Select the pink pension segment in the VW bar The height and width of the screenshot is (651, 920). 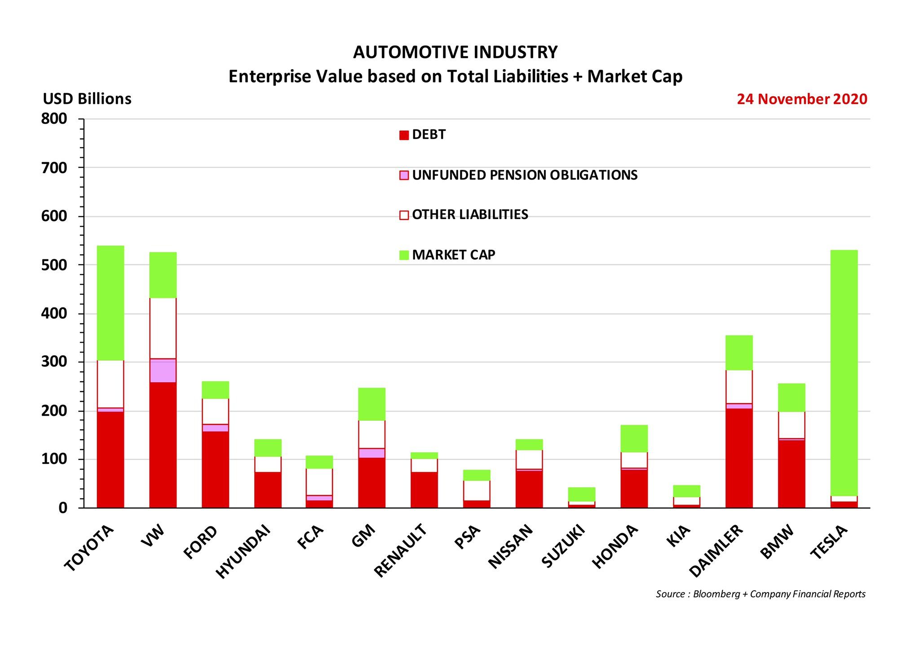(163, 370)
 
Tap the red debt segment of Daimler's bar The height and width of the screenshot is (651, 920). (739, 458)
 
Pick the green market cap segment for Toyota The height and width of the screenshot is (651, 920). (111, 303)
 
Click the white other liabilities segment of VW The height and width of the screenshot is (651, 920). (163, 328)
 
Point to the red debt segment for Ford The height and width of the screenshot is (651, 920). (215, 469)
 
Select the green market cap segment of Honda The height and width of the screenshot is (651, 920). (634, 438)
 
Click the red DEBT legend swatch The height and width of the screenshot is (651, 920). (404, 135)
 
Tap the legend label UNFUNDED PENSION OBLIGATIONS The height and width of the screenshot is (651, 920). (525, 175)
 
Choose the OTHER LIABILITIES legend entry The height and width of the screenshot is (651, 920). (470, 214)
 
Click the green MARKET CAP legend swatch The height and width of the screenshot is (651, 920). (404, 255)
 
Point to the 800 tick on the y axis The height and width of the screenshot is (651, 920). (54, 119)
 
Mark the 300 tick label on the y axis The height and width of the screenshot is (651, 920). (54, 362)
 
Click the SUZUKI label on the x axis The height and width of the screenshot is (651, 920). (563, 546)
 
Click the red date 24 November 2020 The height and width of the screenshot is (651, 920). (802, 99)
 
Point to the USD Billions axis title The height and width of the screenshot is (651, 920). (87, 99)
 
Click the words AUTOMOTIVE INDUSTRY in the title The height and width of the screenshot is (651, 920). (455, 53)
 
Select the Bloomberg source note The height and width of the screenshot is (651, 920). (760, 594)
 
